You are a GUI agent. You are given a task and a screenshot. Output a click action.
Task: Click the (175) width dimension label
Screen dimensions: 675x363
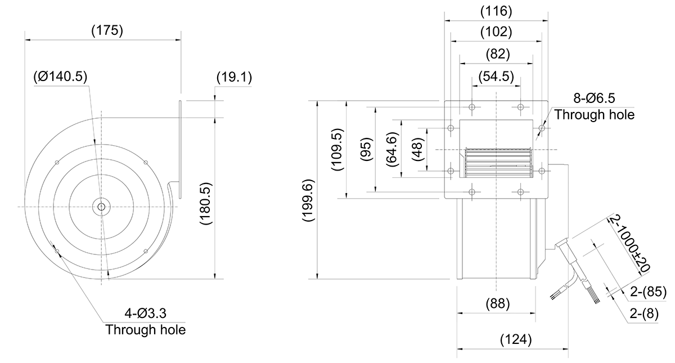click(107, 31)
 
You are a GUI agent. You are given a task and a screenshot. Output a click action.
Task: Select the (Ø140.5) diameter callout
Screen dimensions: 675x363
click(60, 77)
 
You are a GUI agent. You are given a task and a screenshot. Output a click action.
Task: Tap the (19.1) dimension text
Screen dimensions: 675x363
click(234, 77)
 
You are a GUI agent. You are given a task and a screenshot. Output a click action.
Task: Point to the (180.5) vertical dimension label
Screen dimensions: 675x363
click(206, 204)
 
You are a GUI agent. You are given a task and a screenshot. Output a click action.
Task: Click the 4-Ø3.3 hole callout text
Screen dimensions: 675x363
click(146, 313)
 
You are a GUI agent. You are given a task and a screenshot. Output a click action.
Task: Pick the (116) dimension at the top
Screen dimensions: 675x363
click(496, 11)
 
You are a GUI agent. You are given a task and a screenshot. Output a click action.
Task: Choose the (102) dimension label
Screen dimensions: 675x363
click(496, 32)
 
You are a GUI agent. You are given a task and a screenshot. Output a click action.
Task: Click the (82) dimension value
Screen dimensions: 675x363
click(498, 54)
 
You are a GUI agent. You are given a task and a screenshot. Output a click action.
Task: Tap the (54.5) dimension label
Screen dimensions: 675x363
click(496, 77)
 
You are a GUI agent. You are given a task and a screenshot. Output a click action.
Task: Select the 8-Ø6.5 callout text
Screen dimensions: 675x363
click(594, 98)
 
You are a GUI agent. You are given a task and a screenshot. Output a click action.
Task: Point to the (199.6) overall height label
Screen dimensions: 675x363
click(308, 200)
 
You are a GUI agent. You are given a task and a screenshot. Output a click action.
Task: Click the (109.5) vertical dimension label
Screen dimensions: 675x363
click(337, 150)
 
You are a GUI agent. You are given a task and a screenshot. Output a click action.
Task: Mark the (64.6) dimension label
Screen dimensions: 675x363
click(393, 149)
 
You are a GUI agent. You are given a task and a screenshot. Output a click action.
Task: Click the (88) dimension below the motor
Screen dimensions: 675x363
click(498, 303)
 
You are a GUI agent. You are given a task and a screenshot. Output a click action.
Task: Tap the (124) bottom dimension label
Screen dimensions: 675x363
click(516, 339)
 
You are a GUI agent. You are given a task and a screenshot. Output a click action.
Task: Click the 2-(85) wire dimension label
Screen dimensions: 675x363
click(648, 292)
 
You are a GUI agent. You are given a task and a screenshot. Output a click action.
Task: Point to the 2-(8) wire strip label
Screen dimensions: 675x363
click(644, 314)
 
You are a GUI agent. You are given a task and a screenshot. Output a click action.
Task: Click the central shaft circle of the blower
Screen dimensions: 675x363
click(101, 207)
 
